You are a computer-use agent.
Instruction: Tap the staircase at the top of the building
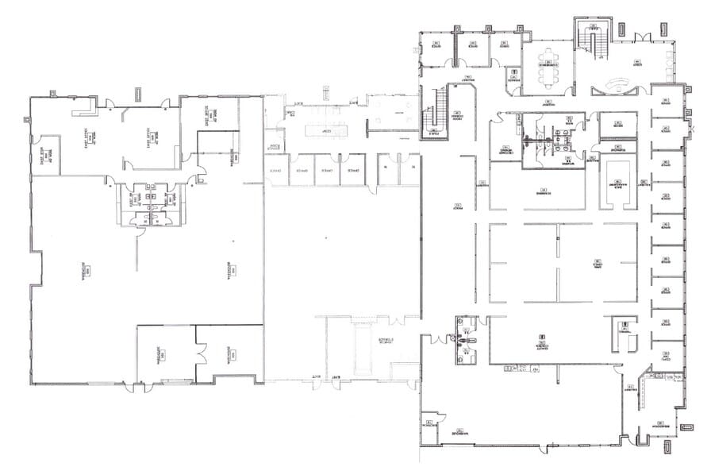tap(591, 40)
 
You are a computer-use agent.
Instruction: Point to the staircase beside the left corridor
tap(435, 114)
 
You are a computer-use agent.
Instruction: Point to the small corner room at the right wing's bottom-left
tap(432, 424)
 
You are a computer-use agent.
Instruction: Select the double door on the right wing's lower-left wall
tap(436, 339)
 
